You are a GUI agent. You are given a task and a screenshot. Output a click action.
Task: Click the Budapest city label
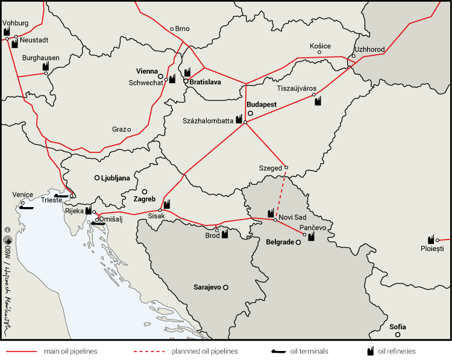(x=262, y=104)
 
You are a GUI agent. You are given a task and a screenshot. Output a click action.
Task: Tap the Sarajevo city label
(x=207, y=288)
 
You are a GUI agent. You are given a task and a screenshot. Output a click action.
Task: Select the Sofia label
(x=397, y=327)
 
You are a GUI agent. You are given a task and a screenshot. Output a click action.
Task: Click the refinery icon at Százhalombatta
(x=239, y=120)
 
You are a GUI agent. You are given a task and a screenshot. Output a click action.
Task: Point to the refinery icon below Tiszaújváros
(x=318, y=101)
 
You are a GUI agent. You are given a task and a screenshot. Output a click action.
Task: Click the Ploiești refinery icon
(x=431, y=239)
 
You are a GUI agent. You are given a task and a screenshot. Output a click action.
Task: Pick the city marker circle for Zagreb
(x=145, y=192)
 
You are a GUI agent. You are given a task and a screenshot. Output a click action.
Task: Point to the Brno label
(x=182, y=28)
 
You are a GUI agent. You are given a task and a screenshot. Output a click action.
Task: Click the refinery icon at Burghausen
(x=45, y=66)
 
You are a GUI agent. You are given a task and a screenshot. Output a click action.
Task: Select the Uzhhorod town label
(x=369, y=49)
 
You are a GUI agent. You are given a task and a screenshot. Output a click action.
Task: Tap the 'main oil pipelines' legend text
(x=71, y=351)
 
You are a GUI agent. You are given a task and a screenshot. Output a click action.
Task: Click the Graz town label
(x=118, y=129)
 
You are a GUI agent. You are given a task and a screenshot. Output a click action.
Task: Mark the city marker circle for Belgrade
(x=298, y=243)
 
